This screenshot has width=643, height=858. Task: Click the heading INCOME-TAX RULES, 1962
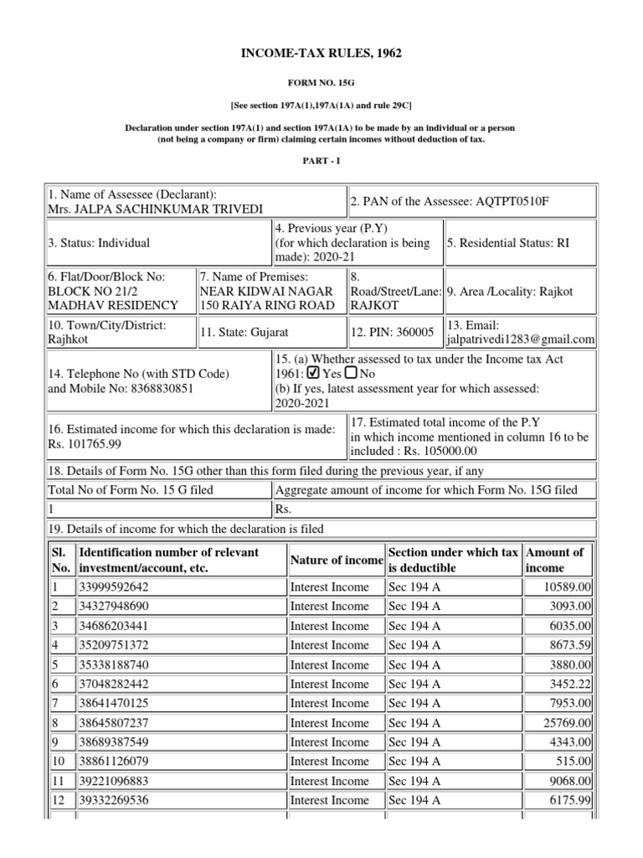pos(321,54)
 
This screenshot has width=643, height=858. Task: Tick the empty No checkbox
pos(351,374)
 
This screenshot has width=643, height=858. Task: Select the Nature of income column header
pos(336,560)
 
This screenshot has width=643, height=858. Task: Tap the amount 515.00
pos(575,762)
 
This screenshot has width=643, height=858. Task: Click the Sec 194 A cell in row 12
pos(415,800)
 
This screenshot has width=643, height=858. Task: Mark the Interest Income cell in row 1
pos(329,587)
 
